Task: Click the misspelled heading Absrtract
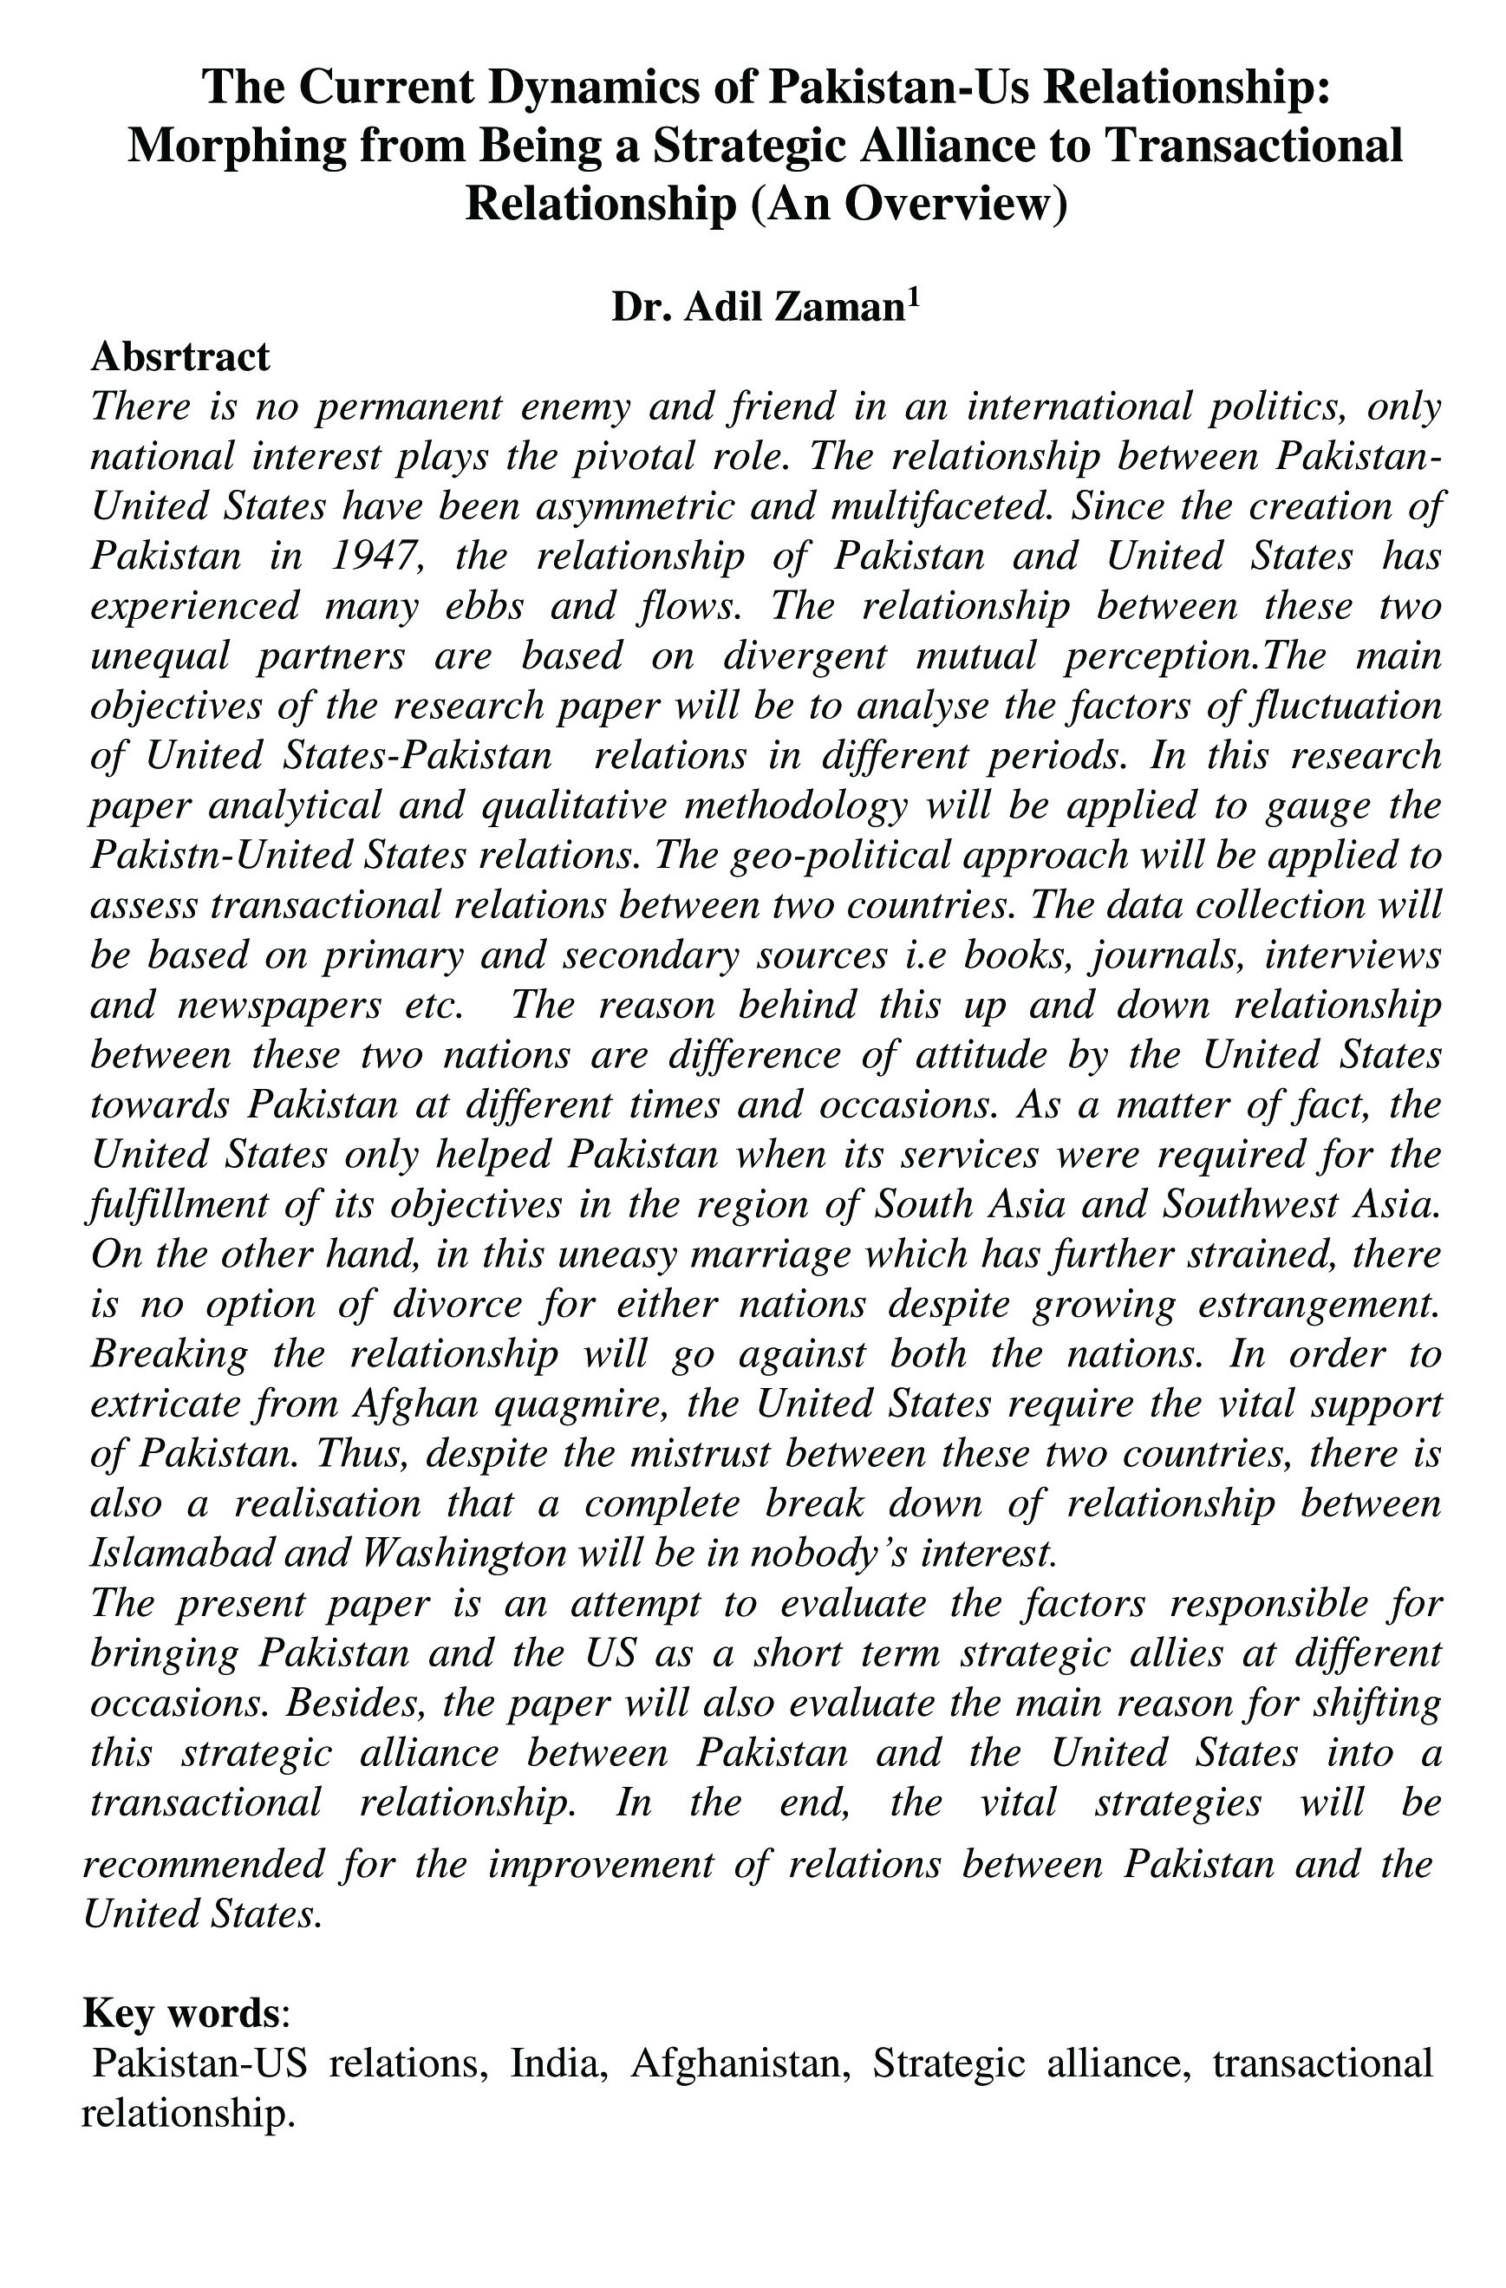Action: (x=180, y=356)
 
